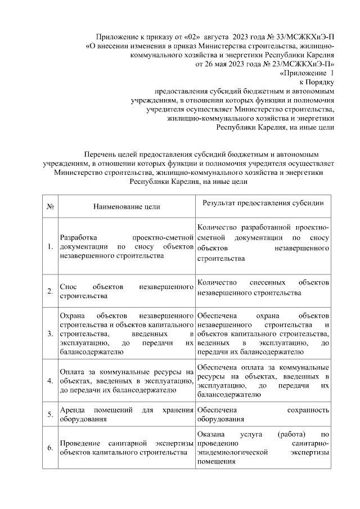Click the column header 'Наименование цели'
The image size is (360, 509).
point(127,206)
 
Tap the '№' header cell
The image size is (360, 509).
point(50,206)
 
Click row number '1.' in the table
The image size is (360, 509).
point(50,246)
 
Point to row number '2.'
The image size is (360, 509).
point(50,291)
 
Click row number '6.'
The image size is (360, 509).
point(50,448)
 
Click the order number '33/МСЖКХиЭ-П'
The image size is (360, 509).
point(304,35)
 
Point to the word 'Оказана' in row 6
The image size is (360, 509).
point(211,434)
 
